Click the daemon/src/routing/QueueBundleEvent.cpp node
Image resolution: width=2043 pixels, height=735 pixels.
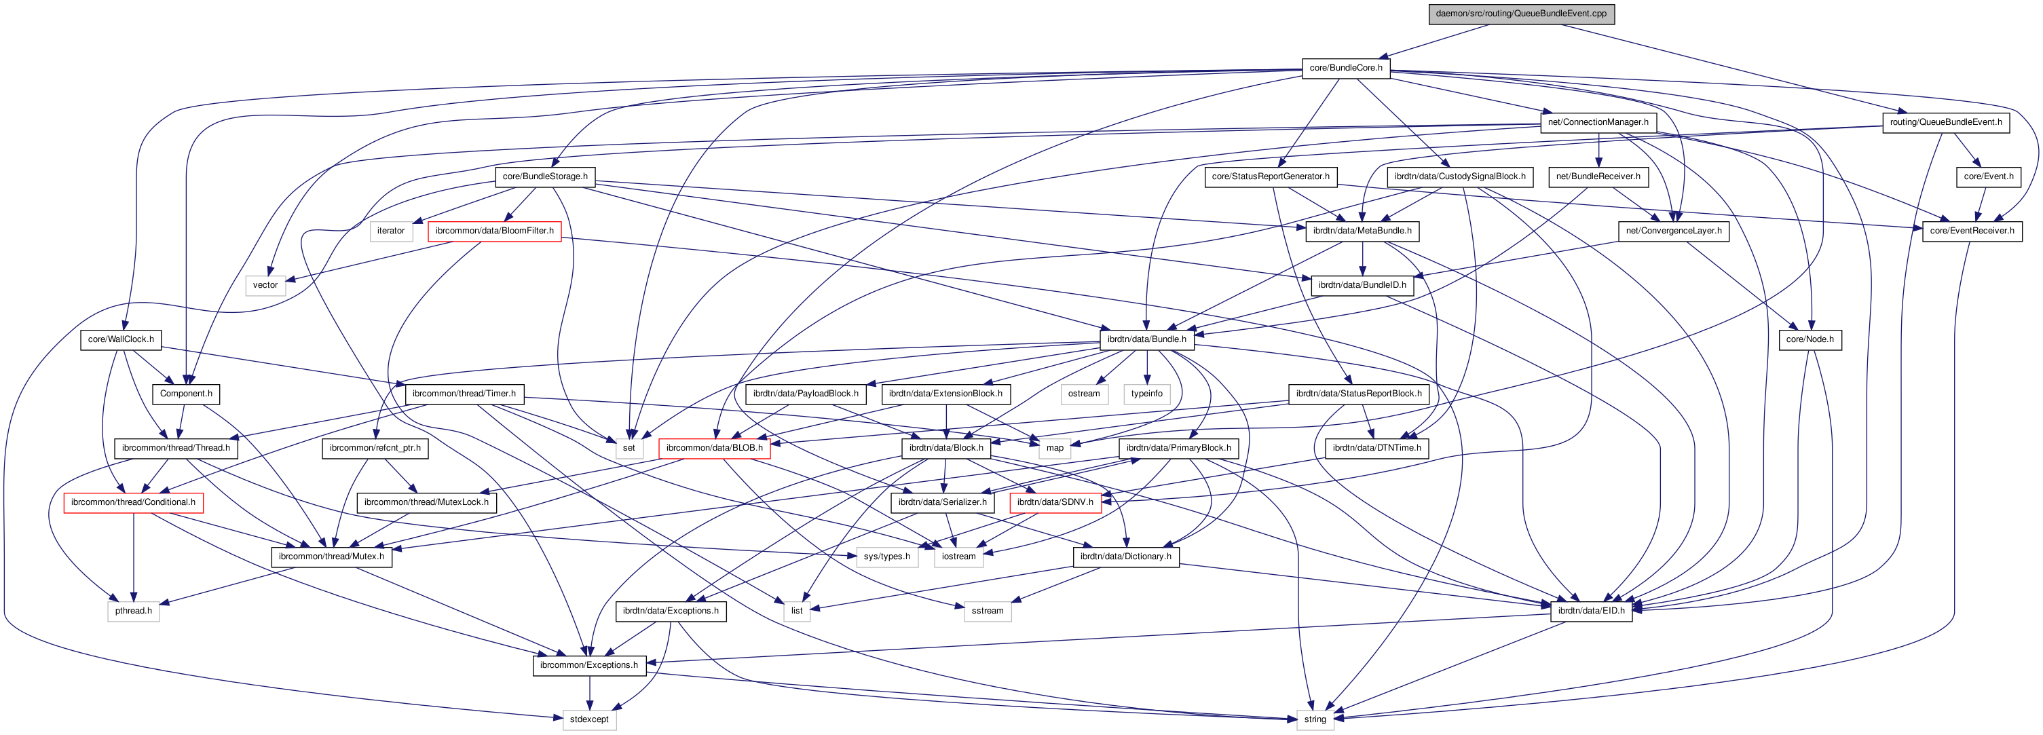pos(1520,14)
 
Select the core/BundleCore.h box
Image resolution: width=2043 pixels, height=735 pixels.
pos(1345,68)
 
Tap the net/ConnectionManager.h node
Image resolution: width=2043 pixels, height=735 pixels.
pos(1597,122)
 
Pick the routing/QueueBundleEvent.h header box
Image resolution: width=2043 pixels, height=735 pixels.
pos(1945,122)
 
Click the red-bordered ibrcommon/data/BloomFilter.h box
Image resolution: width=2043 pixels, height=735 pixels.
pos(494,231)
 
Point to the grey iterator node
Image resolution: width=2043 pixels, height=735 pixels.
pos(390,231)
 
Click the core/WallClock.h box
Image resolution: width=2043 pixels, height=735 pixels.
pos(121,339)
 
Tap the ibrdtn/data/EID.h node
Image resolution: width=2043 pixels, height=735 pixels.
pos(1590,611)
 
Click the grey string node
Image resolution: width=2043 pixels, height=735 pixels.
pos(1314,720)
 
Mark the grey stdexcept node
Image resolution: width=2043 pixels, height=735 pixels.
pos(588,720)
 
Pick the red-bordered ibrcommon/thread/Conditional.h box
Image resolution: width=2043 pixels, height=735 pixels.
pos(132,503)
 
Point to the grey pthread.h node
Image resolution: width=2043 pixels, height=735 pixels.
pos(132,611)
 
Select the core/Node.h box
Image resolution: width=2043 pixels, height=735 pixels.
pos(1809,339)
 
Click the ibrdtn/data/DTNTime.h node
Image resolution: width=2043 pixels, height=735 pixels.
pos(1376,448)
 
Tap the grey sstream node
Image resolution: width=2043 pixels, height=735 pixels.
pos(987,611)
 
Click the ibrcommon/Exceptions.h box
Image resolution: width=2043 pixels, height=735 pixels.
pos(588,665)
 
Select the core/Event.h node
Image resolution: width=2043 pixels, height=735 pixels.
pos(1988,177)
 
